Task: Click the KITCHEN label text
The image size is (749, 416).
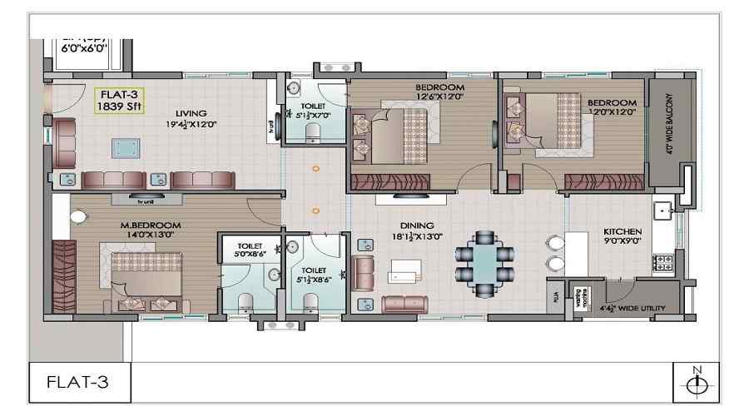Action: click(622, 231)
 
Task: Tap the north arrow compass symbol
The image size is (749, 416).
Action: click(697, 384)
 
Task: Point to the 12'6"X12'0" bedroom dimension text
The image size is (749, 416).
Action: click(439, 97)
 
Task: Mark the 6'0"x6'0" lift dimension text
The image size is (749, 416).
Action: click(84, 49)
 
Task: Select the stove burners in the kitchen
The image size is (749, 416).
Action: click(665, 263)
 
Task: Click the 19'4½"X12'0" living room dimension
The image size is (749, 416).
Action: click(191, 126)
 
